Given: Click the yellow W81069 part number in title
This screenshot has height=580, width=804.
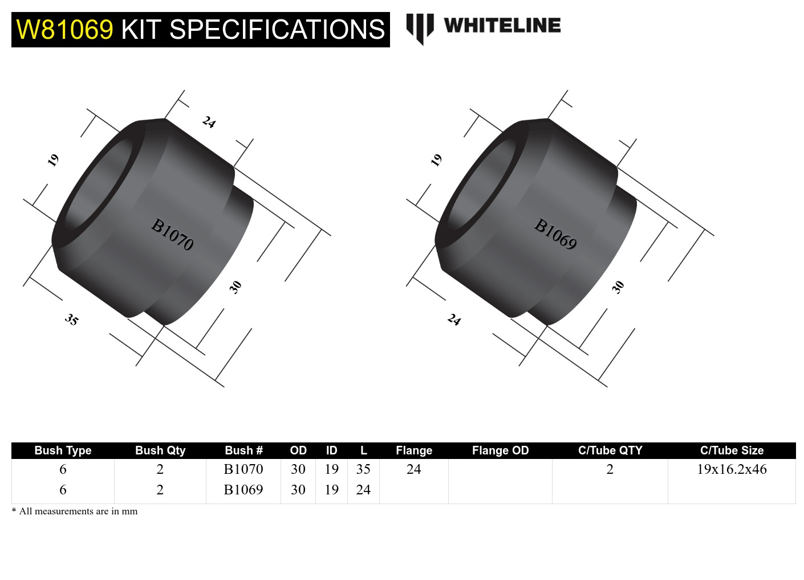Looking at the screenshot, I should pyautogui.click(x=64, y=30).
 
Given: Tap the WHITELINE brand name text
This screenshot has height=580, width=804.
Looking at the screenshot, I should pyautogui.click(x=502, y=26).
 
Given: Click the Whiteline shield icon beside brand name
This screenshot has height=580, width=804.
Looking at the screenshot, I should pyautogui.click(x=420, y=28).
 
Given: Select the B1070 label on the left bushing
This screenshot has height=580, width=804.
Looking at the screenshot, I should pyautogui.click(x=172, y=234).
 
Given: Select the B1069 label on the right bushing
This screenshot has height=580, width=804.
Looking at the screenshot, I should pyautogui.click(x=555, y=234).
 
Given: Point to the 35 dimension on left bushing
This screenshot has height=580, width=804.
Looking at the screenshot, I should pyautogui.click(x=71, y=319).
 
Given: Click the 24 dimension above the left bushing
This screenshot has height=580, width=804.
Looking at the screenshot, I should pyautogui.click(x=209, y=122).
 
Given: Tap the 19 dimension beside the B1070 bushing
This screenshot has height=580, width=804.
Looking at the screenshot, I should pyautogui.click(x=53, y=160).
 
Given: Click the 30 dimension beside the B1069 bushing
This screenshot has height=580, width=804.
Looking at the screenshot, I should pyautogui.click(x=618, y=287).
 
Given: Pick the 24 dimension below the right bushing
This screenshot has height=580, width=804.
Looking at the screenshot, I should pyautogui.click(x=454, y=319).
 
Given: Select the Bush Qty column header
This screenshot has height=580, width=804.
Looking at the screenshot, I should pyautogui.click(x=160, y=450).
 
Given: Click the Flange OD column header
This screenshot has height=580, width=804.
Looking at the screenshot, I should pyautogui.click(x=500, y=450).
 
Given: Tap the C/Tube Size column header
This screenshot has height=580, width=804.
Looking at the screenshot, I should pyautogui.click(x=732, y=450).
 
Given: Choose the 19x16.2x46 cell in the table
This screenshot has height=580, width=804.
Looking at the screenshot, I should pyautogui.click(x=732, y=469).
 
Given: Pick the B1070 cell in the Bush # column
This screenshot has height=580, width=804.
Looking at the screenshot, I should pyautogui.click(x=243, y=469).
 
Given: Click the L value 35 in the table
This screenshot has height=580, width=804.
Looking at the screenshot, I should pyautogui.click(x=363, y=469).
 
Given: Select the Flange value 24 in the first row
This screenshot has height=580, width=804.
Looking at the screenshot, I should pyautogui.click(x=413, y=469).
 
